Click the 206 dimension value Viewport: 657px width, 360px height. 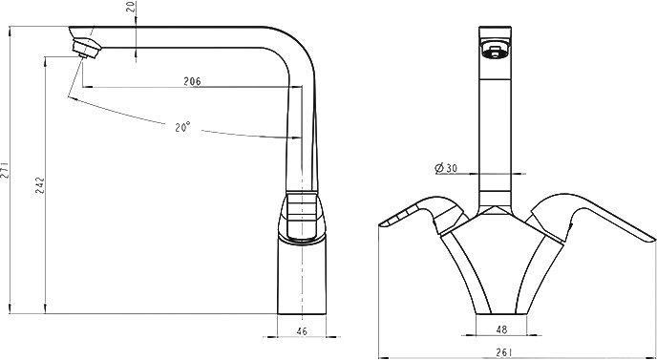[192, 81]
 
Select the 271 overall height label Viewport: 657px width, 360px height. [4, 172]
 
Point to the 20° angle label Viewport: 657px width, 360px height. [182, 127]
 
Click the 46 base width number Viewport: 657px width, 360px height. [302, 331]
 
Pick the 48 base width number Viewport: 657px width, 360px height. [501, 329]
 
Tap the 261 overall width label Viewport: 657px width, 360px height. [504, 353]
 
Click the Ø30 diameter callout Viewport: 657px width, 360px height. [446, 168]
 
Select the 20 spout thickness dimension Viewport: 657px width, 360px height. [132, 7]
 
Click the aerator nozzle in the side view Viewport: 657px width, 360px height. [86, 48]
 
